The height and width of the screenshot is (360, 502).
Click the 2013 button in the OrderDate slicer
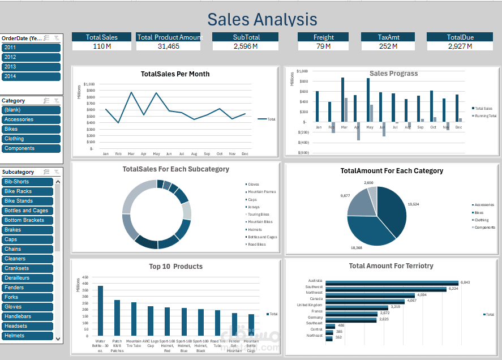[31, 67]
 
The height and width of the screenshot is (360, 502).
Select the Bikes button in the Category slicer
[31, 129]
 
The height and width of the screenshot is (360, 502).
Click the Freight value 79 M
[324, 46]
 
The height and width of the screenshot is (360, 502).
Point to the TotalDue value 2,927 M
[460, 46]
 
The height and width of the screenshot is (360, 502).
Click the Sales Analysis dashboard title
[262, 19]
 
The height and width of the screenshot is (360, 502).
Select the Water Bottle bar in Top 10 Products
[100, 311]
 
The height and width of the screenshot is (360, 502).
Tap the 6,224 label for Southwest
[453, 289]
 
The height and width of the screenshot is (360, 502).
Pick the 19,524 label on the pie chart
[414, 204]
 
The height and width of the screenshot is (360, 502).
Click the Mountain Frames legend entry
[262, 192]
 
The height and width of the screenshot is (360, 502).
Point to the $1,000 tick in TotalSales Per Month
[89, 84]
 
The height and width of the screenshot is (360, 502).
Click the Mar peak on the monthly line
[131, 92]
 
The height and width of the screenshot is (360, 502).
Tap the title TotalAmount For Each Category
[392, 170]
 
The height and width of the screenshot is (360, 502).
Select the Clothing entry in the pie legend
[482, 220]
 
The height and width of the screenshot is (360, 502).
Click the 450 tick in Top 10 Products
[85, 277]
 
